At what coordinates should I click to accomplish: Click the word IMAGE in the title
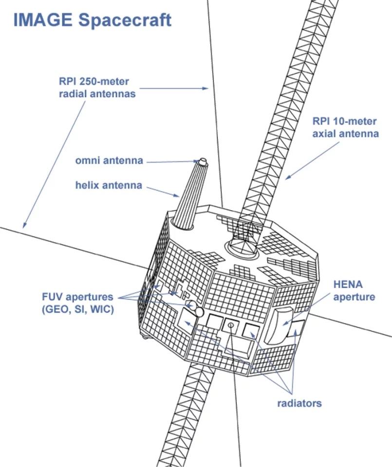coord(43,20)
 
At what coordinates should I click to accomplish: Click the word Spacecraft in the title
coord(125,20)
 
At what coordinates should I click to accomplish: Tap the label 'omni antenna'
coord(109,161)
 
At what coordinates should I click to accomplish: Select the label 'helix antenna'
coord(109,185)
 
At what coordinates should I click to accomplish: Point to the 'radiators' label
coord(299,403)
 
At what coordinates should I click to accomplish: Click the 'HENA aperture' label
coord(354,290)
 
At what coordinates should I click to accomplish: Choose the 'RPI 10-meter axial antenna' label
coord(345,127)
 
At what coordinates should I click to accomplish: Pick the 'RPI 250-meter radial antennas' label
coord(93,88)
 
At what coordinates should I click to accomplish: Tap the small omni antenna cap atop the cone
coord(202,162)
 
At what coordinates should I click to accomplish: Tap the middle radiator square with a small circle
coord(230,324)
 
